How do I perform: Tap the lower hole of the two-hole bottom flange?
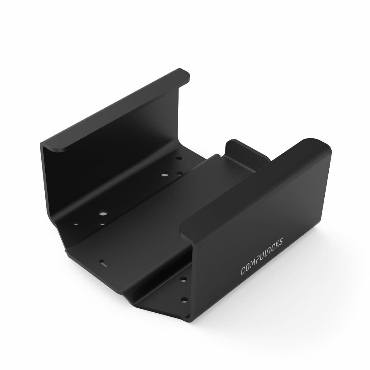(184, 299)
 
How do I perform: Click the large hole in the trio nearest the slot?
(102, 213)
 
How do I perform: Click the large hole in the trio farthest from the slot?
(164, 175)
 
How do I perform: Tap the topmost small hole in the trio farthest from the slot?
(178, 159)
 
